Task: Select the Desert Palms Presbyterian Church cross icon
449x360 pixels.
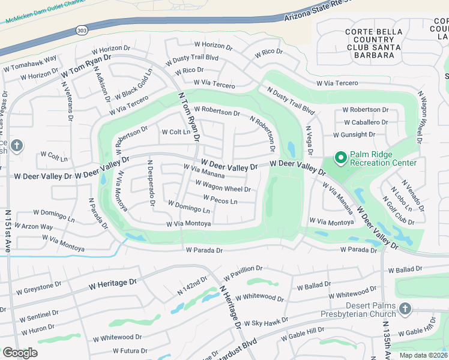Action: point(405,308)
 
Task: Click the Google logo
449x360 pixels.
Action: point(20,353)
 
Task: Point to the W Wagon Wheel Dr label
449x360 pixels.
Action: point(221,188)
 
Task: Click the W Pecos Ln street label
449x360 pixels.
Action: point(220,200)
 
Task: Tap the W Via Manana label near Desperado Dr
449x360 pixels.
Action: point(204,172)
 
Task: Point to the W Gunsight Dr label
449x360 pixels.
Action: point(366,134)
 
